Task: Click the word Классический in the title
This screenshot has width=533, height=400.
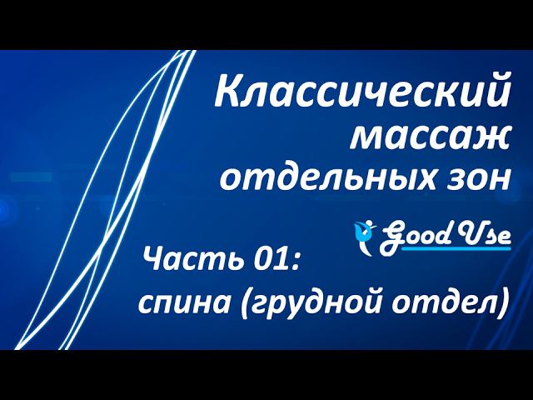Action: [x=361, y=92]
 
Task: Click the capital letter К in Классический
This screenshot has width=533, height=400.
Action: [x=227, y=92]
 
